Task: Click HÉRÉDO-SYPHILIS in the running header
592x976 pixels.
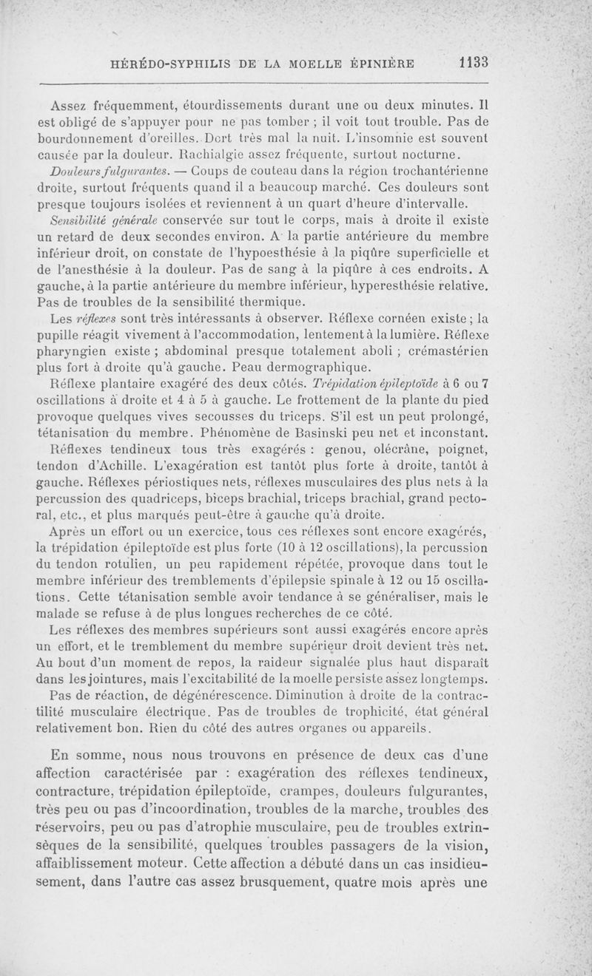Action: tap(164, 64)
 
